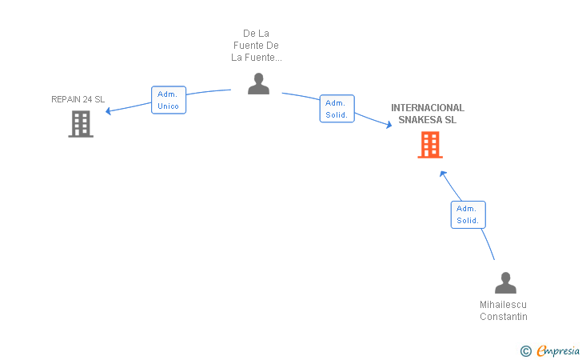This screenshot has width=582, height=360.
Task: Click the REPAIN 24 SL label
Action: point(78,99)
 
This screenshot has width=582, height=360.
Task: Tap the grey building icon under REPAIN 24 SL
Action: point(81,124)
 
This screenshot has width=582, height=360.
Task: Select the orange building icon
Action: point(430,145)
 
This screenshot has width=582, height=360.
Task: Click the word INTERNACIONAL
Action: point(428,108)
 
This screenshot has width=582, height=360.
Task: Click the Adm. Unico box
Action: point(169,100)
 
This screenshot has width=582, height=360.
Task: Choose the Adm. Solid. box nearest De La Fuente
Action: point(337,109)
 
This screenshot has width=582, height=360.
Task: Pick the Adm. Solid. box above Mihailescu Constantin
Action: point(468,214)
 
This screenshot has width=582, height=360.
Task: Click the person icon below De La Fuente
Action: point(258,83)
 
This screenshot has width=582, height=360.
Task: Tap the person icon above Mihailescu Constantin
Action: point(505,282)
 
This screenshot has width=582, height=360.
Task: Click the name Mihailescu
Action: point(503,305)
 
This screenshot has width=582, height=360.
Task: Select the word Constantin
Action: point(504,317)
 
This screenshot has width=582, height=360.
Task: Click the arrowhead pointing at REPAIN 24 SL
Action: point(109,110)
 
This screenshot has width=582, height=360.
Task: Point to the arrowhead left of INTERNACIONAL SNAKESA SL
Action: point(389,125)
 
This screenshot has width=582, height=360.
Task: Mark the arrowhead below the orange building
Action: point(443,174)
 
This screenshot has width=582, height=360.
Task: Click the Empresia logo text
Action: point(558,350)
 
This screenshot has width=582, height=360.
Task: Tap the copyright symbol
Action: point(526,351)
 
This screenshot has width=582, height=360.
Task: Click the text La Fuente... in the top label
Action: point(257,58)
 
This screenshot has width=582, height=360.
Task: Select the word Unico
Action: point(168,106)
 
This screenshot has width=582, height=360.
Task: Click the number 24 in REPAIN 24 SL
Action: point(88,99)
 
